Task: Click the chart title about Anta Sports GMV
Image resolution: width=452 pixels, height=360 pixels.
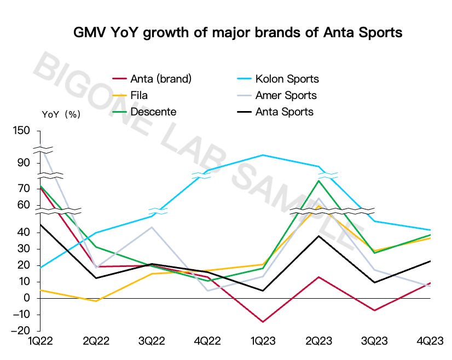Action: click(x=238, y=32)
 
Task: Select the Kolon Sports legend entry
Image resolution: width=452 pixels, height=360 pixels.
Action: click(x=287, y=79)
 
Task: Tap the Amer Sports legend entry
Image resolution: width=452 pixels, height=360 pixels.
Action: click(x=286, y=95)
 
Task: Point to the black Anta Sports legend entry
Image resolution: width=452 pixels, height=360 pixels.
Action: click(x=284, y=112)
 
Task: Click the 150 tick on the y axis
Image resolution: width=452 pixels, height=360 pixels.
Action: click(x=21, y=131)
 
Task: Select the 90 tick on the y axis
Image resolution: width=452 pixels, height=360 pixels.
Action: click(x=24, y=163)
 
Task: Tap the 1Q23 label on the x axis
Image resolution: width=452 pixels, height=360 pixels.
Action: click(x=263, y=341)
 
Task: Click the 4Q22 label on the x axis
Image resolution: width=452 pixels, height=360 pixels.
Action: click(x=207, y=341)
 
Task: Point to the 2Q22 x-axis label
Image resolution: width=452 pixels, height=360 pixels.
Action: click(x=96, y=341)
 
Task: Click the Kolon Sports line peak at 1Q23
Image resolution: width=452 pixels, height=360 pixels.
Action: click(x=263, y=155)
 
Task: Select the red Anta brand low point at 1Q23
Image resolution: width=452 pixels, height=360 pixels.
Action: click(x=263, y=322)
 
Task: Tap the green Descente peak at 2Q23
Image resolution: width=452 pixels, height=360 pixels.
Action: click(x=319, y=181)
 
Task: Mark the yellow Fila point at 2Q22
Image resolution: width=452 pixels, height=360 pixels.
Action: click(x=96, y=301)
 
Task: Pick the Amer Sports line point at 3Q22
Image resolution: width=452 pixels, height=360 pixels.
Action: click(x=152, y=227)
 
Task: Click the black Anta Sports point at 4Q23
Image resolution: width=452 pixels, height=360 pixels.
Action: click(x=431, y=261)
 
